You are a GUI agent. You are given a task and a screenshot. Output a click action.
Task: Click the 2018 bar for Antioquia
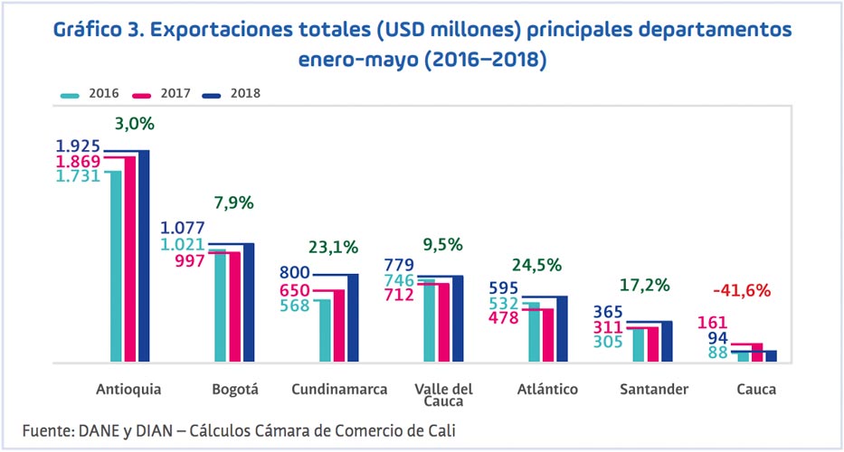143,257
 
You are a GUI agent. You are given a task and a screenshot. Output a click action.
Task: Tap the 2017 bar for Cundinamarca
338,325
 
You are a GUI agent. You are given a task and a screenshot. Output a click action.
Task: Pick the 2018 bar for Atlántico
561,329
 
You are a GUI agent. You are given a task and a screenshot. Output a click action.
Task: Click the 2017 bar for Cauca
757,353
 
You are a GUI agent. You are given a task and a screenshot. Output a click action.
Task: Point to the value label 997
191,260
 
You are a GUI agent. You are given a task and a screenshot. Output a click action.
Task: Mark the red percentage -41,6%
741,290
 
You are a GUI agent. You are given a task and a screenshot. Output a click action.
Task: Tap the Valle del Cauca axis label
443,395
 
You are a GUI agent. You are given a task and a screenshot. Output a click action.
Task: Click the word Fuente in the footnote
51,428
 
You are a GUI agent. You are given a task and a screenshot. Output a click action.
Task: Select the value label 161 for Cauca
713,322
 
